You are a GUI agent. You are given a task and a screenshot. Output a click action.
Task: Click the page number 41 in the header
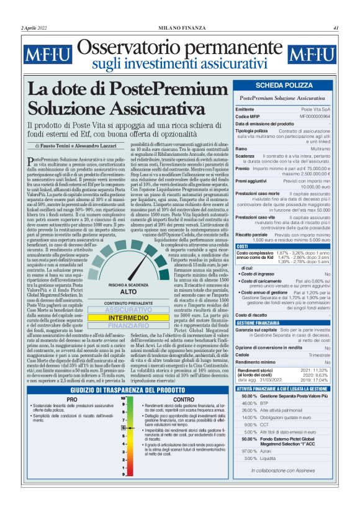[x=335, y=28]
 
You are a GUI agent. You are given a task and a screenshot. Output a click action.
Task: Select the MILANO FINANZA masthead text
[x=179, y=28]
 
